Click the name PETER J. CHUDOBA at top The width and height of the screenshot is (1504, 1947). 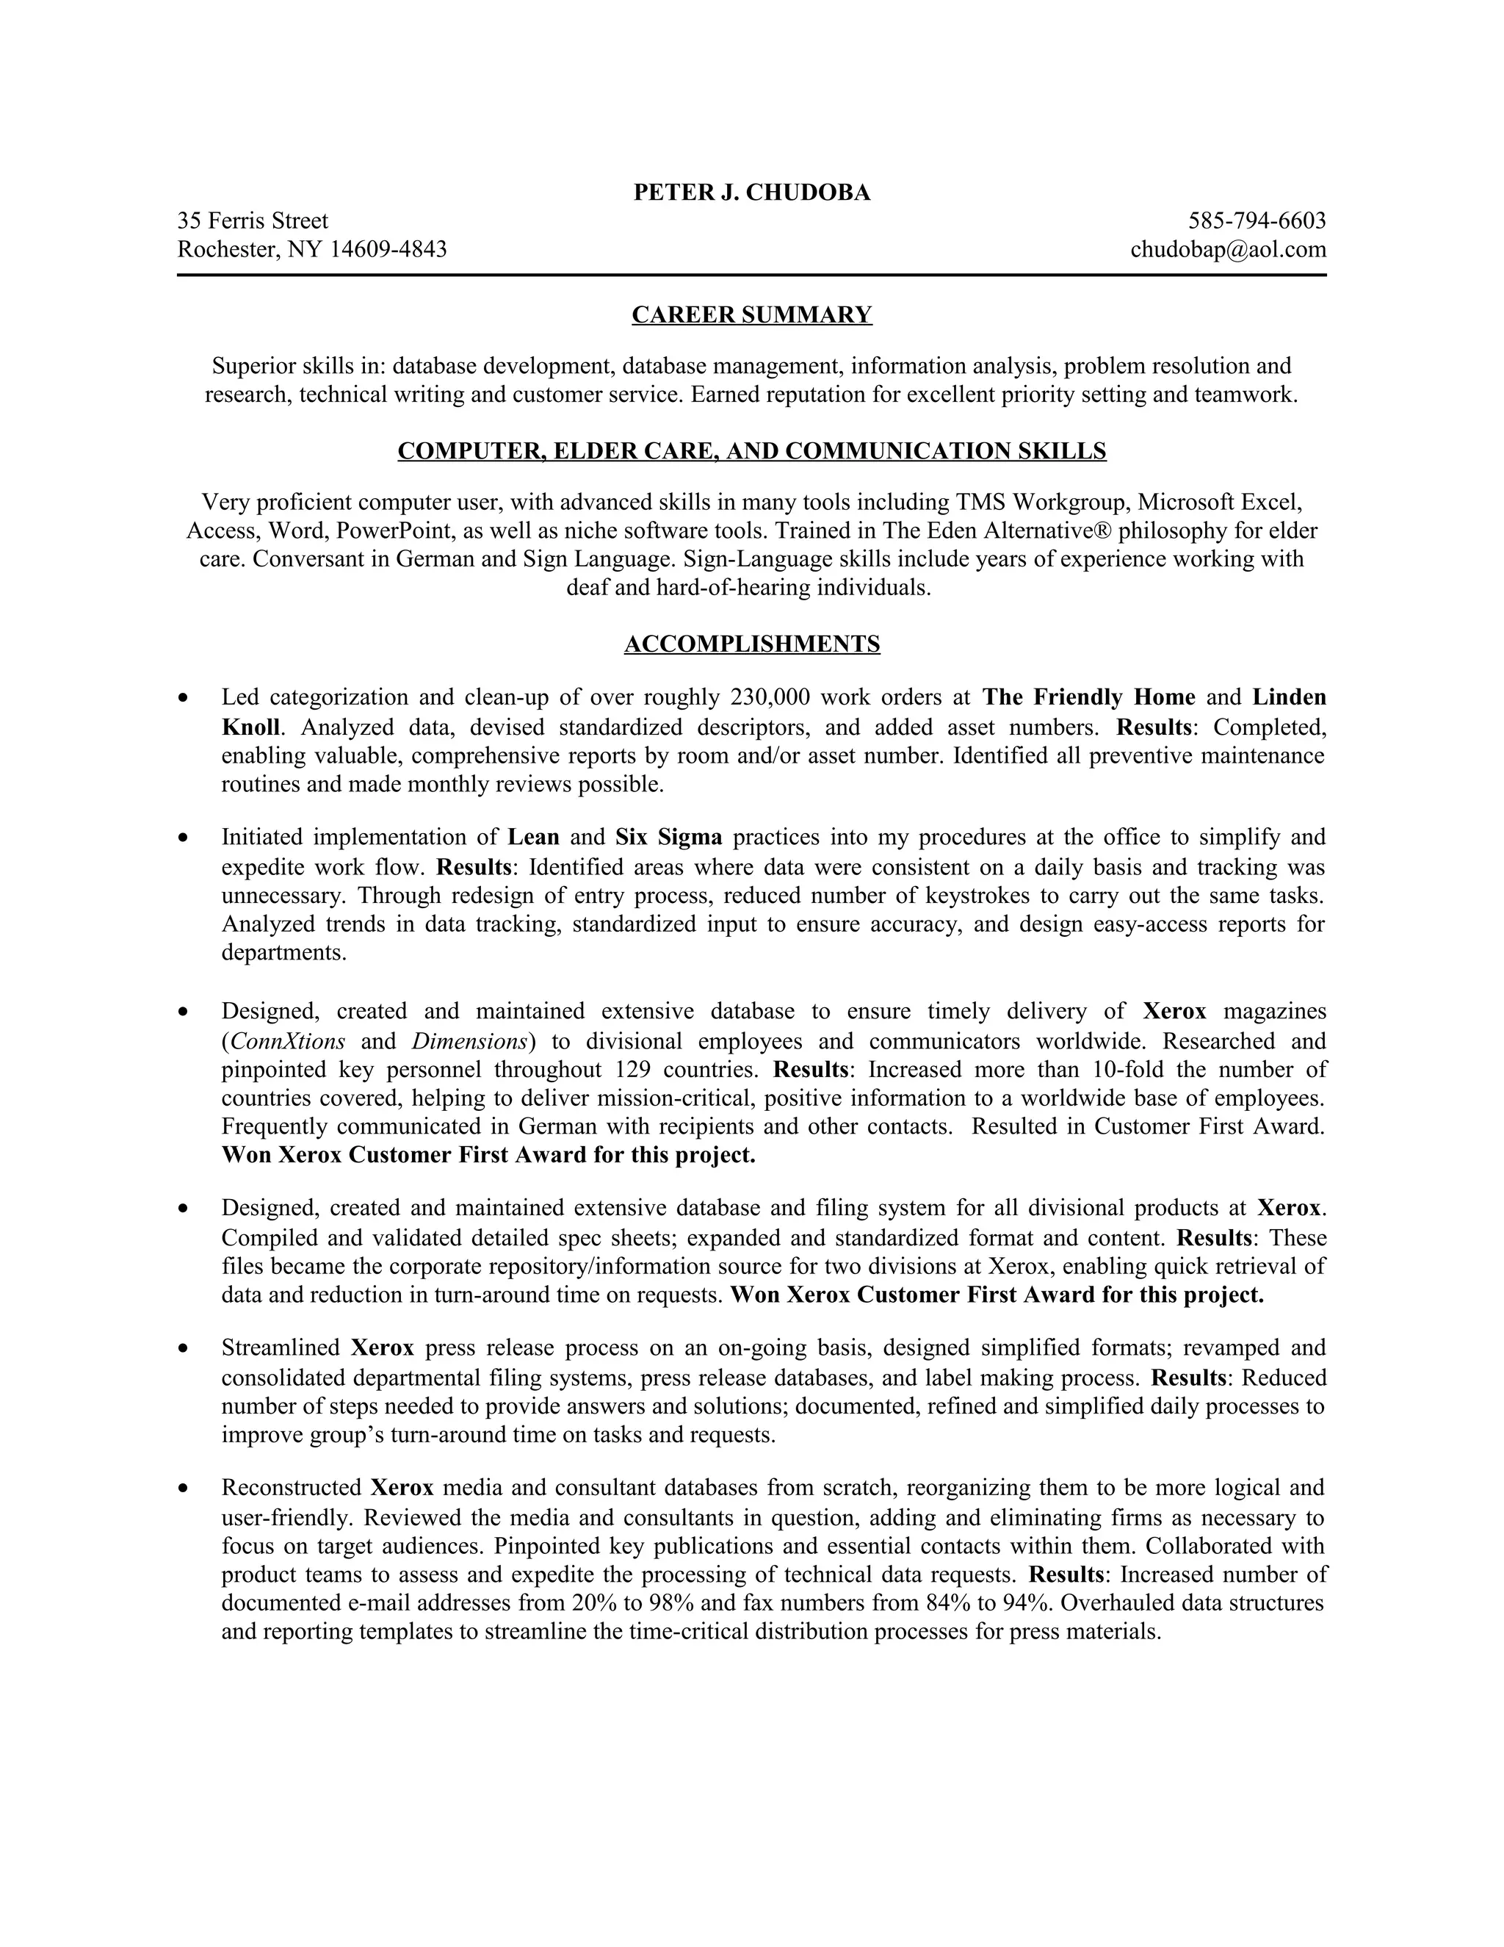pyautogui.click(x=751, y=192)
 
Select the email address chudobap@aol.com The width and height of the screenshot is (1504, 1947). pyautogui.click(x=1228, y=249)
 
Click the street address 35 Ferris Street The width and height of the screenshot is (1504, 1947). pyautogui.click(x=253, y=220)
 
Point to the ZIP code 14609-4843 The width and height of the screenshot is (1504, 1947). pyautogui.click(x=388, y=249)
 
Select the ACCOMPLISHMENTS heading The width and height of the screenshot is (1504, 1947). pyautogui.click(x=751, y=644)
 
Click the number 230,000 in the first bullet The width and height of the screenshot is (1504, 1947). pyautogui.click(x=767, y=697)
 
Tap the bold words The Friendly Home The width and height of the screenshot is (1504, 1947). pyautogui.click(x=1089, y=697)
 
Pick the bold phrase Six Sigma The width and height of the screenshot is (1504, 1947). pyautogui.click(x=668, y=837)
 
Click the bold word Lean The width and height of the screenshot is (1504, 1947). pyautogui.click(x=534, y=837)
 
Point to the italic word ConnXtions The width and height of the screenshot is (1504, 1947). pyautogui.click(x=287, y=1041)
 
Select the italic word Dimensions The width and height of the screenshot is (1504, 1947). pyautogui.click(x=469, y=1041)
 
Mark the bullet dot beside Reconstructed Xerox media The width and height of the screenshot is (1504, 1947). pyautogui.click(x=184, y=1488)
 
